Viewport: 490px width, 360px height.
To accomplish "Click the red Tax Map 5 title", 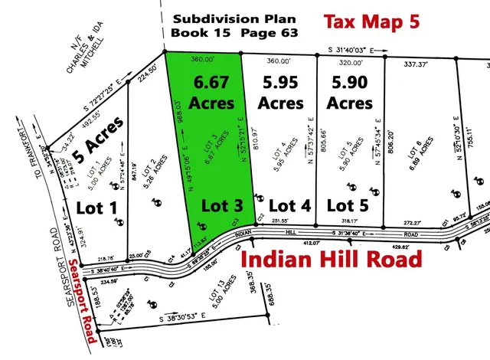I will [x=371, y=22].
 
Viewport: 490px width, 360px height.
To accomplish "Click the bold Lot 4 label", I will [x=292, y=205].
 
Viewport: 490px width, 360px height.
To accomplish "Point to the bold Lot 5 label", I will [x=348, y=205].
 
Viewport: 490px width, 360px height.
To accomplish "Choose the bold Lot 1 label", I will [x=97, y=206].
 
